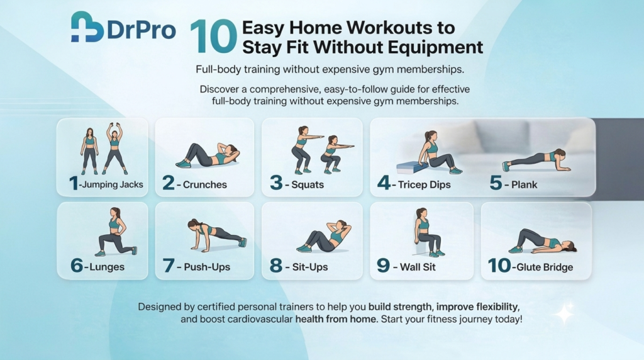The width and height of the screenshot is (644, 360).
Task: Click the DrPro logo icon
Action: [87, 28]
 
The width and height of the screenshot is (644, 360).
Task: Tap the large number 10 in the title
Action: [213, 37]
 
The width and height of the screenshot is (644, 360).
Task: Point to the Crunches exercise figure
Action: [208, 154]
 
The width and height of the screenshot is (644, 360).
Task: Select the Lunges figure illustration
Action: [114, 232]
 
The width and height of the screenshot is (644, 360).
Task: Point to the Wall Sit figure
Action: [428, 233]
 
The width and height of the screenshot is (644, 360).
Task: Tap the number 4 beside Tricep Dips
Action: [384, 184]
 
